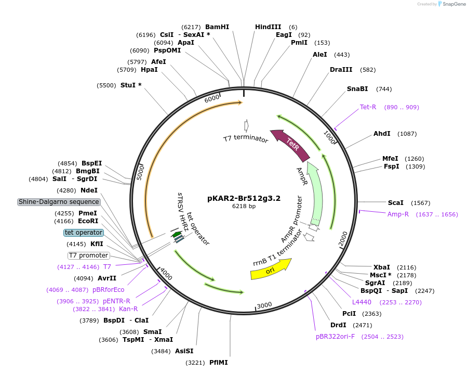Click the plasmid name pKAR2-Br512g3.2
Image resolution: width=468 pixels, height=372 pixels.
244,198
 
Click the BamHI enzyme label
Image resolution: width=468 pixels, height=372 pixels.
217,27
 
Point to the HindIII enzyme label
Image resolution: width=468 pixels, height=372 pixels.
268,27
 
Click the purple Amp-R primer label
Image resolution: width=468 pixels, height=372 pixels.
398,214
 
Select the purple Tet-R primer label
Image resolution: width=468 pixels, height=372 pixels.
368,107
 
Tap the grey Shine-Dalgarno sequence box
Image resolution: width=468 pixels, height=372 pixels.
59,202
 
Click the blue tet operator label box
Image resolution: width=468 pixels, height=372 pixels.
84,233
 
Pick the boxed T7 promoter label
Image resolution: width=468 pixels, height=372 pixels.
89,255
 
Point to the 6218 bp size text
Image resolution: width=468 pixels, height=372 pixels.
244,207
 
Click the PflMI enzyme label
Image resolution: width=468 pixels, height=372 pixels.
219,362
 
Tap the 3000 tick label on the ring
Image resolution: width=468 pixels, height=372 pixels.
264,305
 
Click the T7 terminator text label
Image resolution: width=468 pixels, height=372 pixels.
246,139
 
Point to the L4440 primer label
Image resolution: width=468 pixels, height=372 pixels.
362,302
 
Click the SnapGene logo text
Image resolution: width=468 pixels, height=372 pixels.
454,4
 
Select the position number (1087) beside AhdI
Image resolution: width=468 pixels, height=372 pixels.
407,134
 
